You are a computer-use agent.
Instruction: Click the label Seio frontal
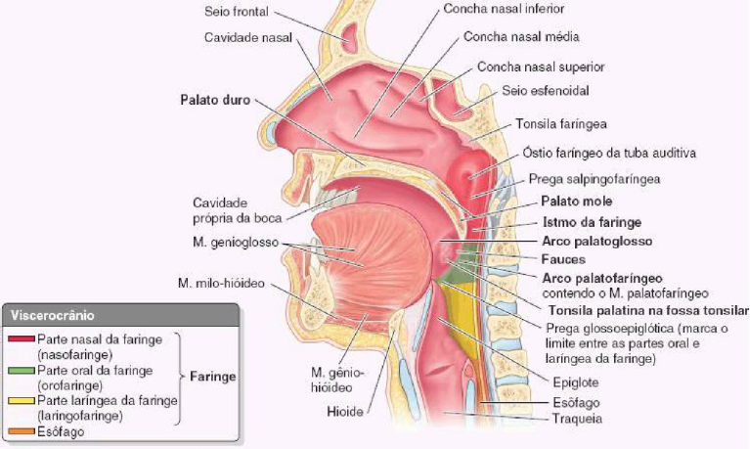click(x=235, y=15)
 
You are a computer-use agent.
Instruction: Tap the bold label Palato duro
click(x=215, y=100)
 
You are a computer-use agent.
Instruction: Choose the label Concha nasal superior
click(x=540, y=67)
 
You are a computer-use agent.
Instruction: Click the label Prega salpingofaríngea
click(x=595, y=180)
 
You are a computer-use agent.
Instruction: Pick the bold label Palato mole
click(x=569, y=201)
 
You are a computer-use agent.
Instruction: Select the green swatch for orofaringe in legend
click(x=20, y=371)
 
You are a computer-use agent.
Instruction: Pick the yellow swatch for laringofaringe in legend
click(x=20, y=400)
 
